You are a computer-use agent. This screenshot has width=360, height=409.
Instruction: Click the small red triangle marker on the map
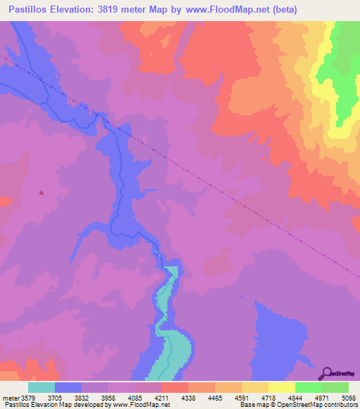[x=41, y=192]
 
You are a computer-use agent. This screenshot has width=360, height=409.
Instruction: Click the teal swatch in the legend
[x=41, y=387]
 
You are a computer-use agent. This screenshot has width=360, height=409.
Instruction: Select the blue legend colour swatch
[x=68, y=387]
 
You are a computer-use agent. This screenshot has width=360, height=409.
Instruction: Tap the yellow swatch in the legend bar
[x=281, y=387]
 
